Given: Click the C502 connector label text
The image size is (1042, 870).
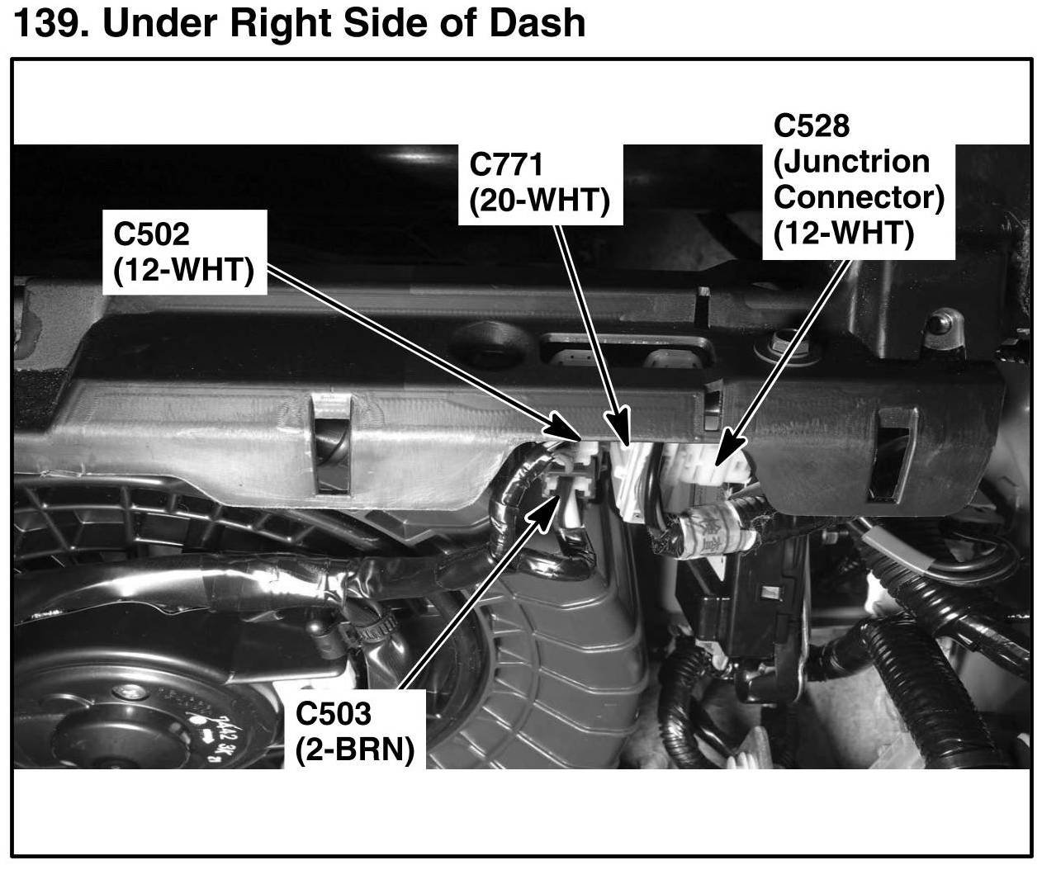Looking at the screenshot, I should (x=151, y=234).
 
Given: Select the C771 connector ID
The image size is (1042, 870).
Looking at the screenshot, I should (x=506, y=164).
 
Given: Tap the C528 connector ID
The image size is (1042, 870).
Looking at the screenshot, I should (x=812, y=125).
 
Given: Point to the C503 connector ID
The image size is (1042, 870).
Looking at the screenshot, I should (x=334, y=713).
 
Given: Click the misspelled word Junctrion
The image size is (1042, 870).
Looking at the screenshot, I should (x=851, y=161).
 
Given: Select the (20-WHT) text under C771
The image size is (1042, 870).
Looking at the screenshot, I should (x=540, y=201).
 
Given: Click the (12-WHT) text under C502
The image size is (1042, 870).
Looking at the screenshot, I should (x=184, y=271).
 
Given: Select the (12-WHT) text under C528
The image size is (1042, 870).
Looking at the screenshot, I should (x=843, y=234).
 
